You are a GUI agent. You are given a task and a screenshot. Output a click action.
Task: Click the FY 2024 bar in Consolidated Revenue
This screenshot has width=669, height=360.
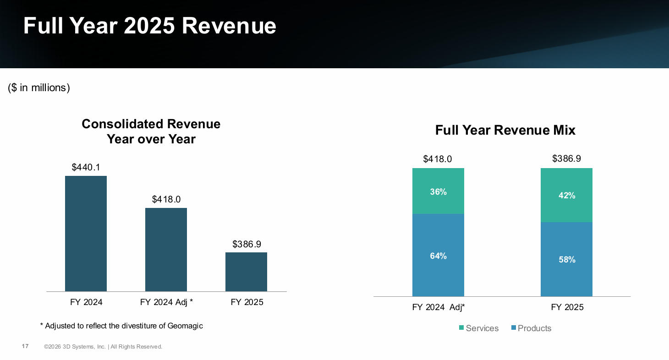(x=86, y=234)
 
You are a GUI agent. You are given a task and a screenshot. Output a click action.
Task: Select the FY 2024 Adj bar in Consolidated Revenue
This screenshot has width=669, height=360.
(x=166, y=250)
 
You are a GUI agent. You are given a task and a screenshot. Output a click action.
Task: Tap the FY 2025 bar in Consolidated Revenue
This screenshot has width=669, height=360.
(x=246, y=272)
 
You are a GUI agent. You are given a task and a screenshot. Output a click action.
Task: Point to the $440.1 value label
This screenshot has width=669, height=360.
(x=86, y=167)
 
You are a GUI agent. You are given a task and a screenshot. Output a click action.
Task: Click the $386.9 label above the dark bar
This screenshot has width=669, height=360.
(x=247, y=244)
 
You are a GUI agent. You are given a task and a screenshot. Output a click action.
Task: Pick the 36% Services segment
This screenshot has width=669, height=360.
(x=438, y=191)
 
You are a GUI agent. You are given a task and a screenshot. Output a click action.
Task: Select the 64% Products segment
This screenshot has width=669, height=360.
(x=438, y=255)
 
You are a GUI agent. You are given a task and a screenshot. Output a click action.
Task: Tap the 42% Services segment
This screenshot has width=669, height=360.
(x=566, y=195)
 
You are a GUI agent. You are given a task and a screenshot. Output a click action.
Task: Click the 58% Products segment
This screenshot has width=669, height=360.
(x=566, y=259)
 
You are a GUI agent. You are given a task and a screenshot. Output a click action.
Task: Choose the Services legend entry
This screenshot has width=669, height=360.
(x=478, y=328)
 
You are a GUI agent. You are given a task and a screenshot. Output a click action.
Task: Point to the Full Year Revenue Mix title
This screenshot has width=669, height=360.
(x=505, y=131)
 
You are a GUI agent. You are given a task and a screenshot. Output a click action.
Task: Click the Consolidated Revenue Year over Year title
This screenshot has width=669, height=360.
(x=151, y=131)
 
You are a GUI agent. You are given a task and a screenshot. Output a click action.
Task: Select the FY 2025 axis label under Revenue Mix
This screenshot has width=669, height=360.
(x=567, y=307)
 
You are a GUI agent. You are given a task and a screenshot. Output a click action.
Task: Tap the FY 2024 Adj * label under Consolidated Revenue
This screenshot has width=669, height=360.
(x=166, y=302)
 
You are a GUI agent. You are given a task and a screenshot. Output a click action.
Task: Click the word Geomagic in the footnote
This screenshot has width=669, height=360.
(x=185, y=326)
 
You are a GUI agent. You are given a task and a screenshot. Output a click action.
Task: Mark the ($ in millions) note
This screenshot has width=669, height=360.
(x=39, y=88)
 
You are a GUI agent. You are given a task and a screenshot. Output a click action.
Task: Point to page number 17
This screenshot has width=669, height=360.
(x=25, y=346)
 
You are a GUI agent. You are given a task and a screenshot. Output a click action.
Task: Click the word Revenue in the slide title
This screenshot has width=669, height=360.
(x=229, y=26)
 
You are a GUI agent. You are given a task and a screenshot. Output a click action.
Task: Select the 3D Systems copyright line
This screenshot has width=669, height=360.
(x=103, y=347)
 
